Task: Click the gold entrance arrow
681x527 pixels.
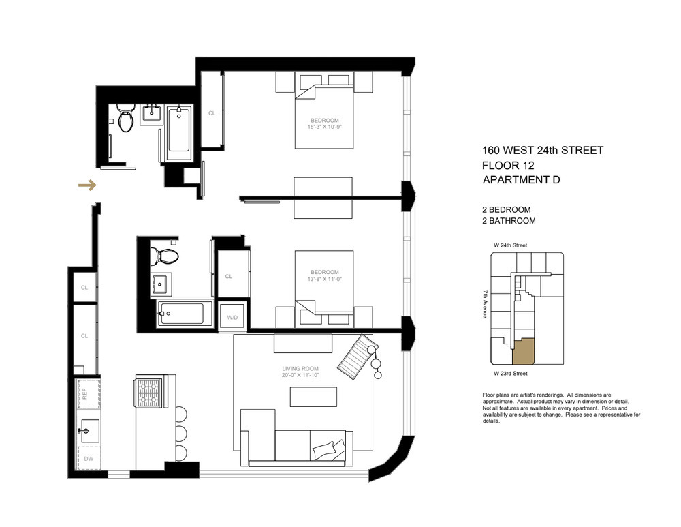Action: pyautogui.click(x=87, y=185)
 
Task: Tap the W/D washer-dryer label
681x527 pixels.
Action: pyautogui.click(x=232, y=318)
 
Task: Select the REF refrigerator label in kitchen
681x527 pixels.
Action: pyautogui.click(x=85, y=394)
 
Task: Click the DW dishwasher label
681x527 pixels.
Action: pyautogui.click(x=89, y=459)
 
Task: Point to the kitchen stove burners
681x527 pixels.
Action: pyautogui.click(x=148, y=392)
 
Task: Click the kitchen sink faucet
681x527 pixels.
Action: pyautogui.click(x=84, y=431)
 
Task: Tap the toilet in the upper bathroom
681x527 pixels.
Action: pyautogui.click(x=126, y=117)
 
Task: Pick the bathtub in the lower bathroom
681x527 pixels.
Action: pyautogui.click(x=185, y=314)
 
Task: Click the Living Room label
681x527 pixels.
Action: pyautogui.click(x=300, y=369)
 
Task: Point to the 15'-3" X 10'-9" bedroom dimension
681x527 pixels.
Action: pyautogui.click(x=324, y=127)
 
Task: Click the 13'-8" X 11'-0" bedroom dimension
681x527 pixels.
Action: pyautogui.click(x=324, y=279)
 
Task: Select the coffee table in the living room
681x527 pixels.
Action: pyautogui.click(x=313, y=397)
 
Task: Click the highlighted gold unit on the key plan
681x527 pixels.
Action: pyautogui.click(x=523, y=351)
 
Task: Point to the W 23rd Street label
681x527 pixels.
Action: pyautogui.click(x=511, y=374)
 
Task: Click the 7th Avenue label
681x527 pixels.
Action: pyautogui.click(x=485, y=304)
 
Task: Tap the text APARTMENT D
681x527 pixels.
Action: pyautogui.click(x=521, y=180)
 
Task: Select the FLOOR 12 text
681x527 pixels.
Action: pyautogui.click(x=508, y=166)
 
